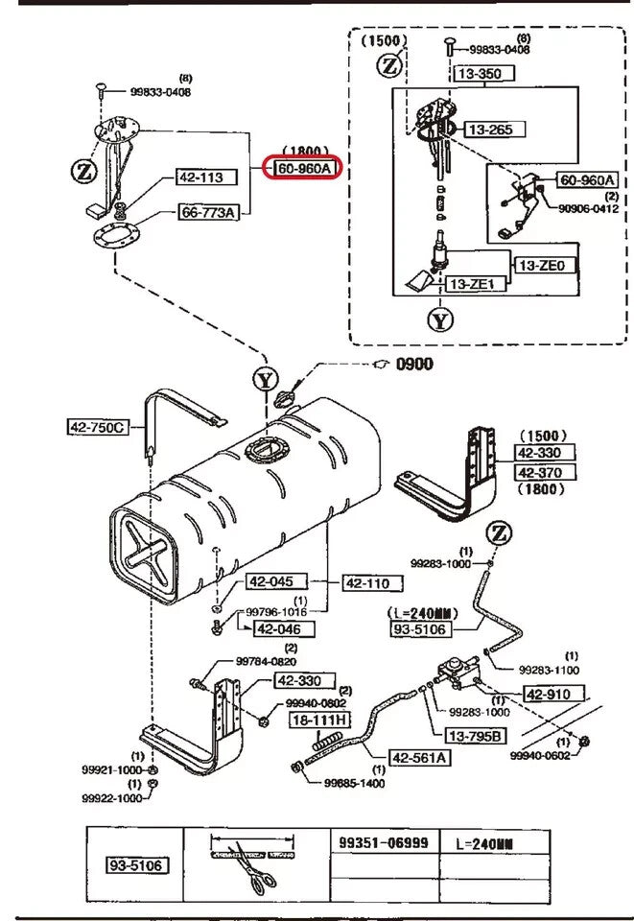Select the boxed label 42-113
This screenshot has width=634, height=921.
tap(200, 177)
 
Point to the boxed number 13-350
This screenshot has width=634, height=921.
tap(483, 73)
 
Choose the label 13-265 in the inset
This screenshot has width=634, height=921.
tap(488, 129)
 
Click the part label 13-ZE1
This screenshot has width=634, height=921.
tap(471, 284)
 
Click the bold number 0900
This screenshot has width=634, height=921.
tap(416, 365)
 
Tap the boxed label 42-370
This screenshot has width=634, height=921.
tap(545, 472)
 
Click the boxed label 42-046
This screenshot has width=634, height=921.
tap(277, 628)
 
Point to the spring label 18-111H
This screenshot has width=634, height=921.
tap(320, 720)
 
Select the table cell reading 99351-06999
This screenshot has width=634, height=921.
tap(384, 841)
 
